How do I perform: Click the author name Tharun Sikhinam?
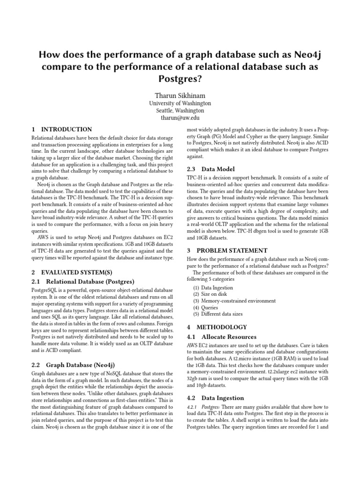pyautogui.click(x=180, y=95)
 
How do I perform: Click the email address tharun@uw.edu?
pyautogui.click(x=180, y=118)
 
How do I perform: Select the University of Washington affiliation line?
pyautogui.click(x=180, y=103)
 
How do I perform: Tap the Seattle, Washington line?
pyautogui.click(x=180, y=111)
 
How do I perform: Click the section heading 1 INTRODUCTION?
pyautogui.click(x=61, y=129)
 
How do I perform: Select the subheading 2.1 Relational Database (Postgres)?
pyautogui.click(x=82, y=281)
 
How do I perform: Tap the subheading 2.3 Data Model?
pyautogui.click(x=211, y=169)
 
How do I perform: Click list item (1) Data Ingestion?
pyautogui.click(x=213, y=288)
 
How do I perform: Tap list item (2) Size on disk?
pyautogui.click(x=210, y=294)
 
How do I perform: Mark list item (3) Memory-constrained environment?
pyautogui.click(x=229, y=301)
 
